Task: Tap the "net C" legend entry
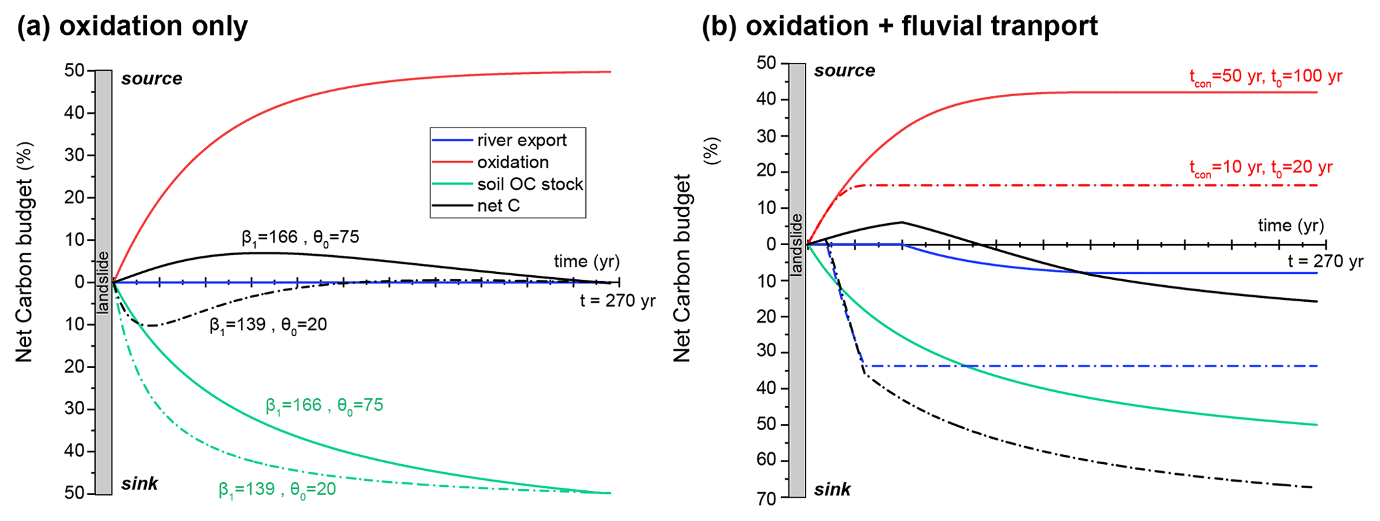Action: [x=498, y=206]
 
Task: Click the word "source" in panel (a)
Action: [x=151, y=79]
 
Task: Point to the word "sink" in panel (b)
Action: [x=832, y=490]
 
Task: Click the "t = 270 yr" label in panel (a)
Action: [x=617, y=301]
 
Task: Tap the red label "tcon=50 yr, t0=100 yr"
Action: [x=1265, y=77]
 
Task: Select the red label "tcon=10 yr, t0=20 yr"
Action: [x=1261, y=168]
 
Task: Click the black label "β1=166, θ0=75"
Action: [x=300, y=238]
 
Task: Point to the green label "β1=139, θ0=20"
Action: [x=277, y=490]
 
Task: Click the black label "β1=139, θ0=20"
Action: [x=268, y=325]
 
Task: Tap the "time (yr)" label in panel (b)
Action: [x=1291, y=226]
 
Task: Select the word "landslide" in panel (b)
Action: [x=797, y=244]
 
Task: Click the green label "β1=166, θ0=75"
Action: [x=324, y=405]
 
